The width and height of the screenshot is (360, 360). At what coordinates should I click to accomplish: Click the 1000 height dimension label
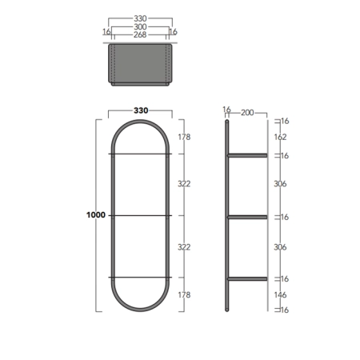pyautogui.click(x=96, y=215)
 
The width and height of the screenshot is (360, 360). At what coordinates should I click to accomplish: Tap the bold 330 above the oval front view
pyautogui.click(x=141, y=110)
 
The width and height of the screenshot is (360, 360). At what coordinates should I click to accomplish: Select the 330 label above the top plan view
pyautogui.click(x=140, y=18)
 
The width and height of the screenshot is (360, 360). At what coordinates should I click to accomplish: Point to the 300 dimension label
pyautogui.click(x=140, y=26)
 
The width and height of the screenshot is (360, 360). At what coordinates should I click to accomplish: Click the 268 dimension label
pyautogui.click(x=140, y=34)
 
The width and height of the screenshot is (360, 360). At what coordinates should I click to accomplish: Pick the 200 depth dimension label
pyautogui.click(x=247, y=113)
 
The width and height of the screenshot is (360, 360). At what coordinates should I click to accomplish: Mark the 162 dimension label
pyautogui.click(x=280, y=137)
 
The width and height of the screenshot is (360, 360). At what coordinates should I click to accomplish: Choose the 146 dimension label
pyautogui.click(x=280, y=295)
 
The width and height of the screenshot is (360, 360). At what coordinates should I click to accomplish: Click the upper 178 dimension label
pyautogui.click(x=184, y=137)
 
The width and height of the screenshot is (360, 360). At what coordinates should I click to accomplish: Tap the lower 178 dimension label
pyautogui.click(x=184, y=295)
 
